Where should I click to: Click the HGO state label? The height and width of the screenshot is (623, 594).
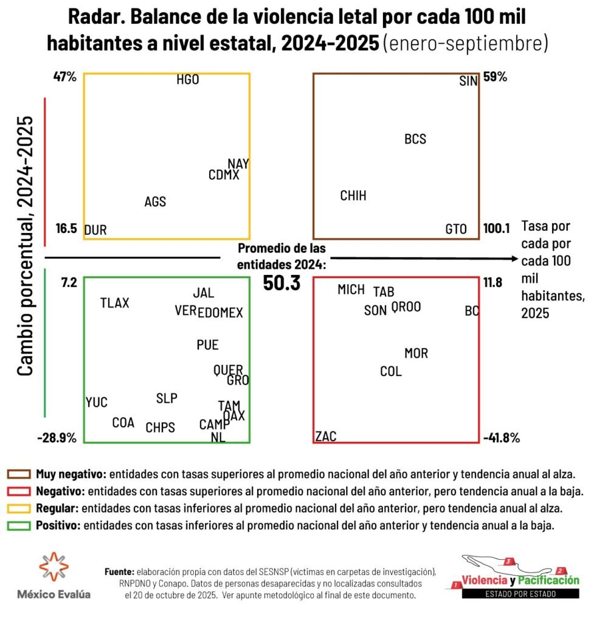click(x=188, y=80)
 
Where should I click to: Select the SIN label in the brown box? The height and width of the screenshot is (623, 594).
click(x=468, y=81)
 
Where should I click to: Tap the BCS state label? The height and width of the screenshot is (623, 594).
click(x=415, y=139)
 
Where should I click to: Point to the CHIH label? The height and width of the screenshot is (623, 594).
click(x=353, y=196)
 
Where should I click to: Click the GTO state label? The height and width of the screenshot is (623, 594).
click(x=456, y=229)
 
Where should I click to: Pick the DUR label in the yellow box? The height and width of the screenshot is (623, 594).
click(x=95, y=230)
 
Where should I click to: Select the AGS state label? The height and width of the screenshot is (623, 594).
click(x=155, y=202)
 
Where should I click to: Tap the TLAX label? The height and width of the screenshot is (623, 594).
click(x=115, y=302)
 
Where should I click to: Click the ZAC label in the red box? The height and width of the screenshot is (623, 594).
click(x=326, y=436)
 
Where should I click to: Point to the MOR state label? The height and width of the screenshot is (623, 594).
click(x=416, y=353)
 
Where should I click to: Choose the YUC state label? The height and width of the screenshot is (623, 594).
click(x=97, y=402)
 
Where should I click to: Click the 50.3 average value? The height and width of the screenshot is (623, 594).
click(x=281, y=283)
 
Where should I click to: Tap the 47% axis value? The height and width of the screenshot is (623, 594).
click(x=64, y=77)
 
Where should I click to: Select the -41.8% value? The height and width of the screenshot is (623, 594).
click(x=502, y=437)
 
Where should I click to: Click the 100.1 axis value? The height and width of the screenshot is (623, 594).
click(x=497, y=229)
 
